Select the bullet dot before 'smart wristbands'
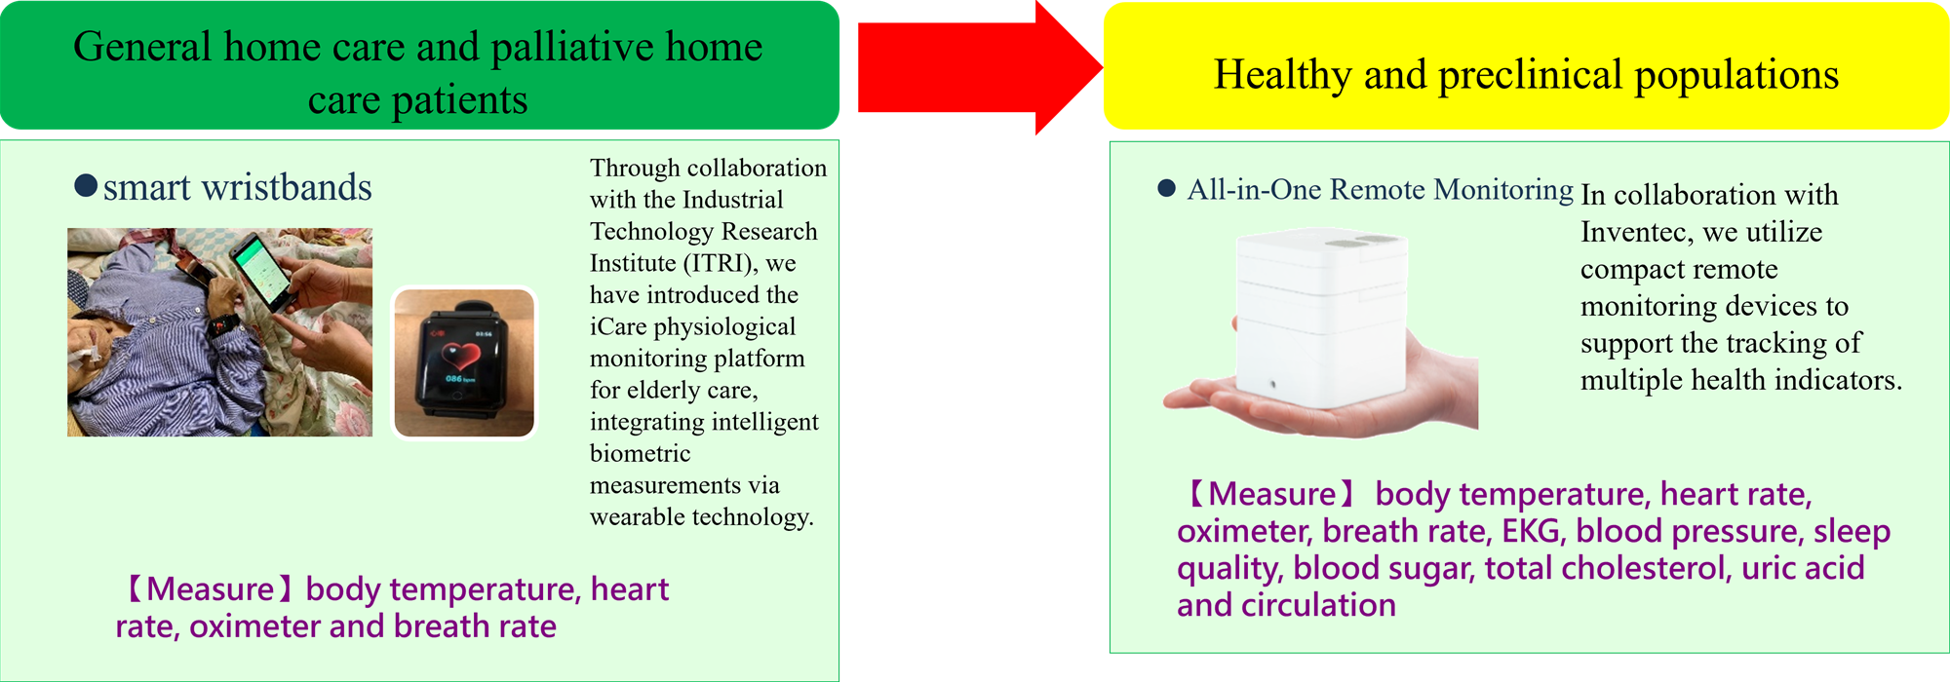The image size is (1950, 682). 86,185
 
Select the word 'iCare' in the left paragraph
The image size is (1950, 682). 615,326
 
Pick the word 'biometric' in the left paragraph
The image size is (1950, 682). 640,453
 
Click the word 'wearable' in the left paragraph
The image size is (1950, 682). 637,516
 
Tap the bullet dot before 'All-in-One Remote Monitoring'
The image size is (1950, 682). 1166,188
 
